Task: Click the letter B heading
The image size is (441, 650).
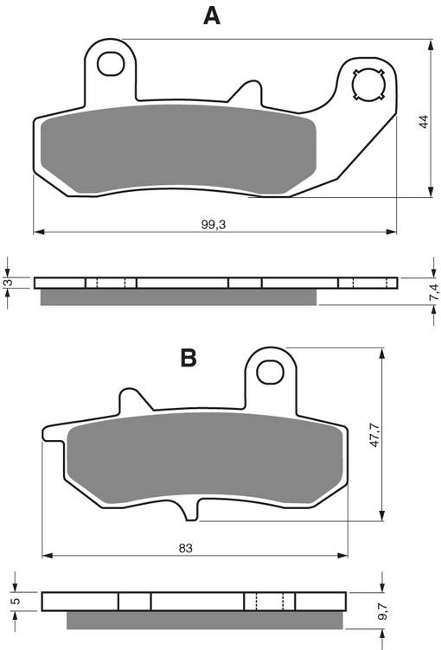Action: point(189,357)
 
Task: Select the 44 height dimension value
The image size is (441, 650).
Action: point(423,122)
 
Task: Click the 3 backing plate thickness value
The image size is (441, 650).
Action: point(8,283)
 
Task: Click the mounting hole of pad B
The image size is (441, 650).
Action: point(271,369)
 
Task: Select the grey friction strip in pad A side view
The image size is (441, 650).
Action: point(179,296)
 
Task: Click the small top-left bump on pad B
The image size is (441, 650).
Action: point(130,401)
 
